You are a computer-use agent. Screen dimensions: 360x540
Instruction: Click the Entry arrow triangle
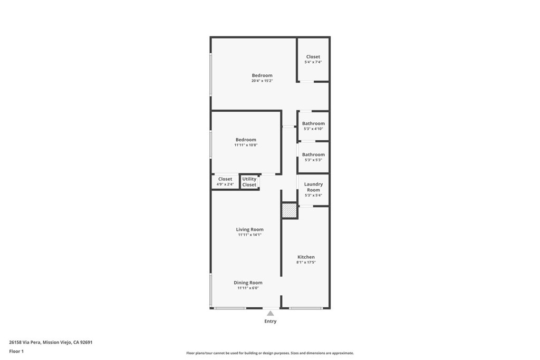(270, 314)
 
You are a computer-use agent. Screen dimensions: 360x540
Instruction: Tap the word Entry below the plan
(270, 321)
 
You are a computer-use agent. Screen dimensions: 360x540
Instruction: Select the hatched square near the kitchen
(290, 210)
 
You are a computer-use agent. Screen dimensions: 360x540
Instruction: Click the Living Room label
(249, 229)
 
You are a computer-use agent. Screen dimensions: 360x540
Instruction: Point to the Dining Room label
(248, 283)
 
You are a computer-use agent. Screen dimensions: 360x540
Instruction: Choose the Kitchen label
(306, 257)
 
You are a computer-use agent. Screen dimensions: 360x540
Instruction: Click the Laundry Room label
(313, 187)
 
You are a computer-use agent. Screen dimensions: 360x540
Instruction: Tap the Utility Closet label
(249, 182)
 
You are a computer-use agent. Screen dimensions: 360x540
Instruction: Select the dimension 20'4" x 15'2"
(262, 81)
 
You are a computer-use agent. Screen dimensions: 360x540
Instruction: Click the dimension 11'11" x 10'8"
(246, 145)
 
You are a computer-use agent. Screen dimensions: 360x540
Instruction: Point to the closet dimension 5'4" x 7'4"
(313, 62)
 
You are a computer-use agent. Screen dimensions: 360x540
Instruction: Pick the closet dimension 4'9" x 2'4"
(225, 184)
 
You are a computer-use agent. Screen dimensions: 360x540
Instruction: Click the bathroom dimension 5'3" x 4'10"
(313, 129)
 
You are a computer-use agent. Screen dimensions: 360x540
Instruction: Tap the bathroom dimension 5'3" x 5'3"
(313, 160)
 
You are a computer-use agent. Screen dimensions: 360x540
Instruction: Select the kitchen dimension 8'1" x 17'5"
(306, 262)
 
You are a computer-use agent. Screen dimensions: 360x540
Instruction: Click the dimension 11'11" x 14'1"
(249, 235)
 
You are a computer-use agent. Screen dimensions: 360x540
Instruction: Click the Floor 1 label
(16, 351)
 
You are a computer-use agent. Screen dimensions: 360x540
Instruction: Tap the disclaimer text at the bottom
(270, 353)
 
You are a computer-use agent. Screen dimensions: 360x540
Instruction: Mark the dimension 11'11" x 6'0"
(248, 288)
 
